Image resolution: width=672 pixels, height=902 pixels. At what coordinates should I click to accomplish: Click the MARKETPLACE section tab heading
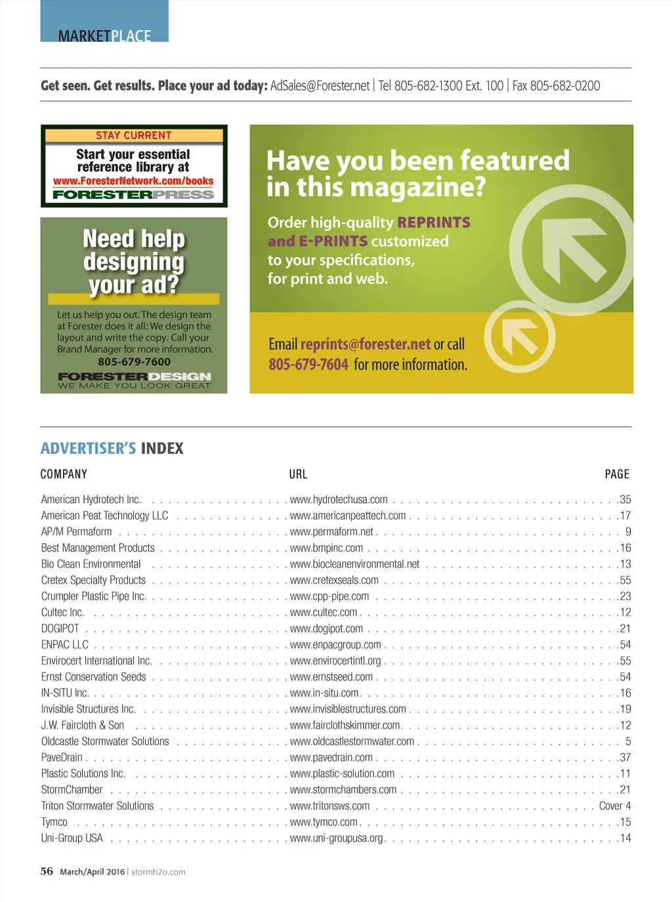(104, 35)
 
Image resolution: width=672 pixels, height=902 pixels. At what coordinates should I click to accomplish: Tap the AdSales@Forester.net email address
(320, 86)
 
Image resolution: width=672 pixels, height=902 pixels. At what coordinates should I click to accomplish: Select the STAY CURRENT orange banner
(134, 136)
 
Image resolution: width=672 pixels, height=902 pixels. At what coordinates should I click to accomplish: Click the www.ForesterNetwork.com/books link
(133, 181)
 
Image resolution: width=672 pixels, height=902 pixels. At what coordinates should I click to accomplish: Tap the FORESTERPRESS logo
(133, 194)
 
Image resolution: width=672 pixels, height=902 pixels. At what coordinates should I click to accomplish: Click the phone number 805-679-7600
(134, 361)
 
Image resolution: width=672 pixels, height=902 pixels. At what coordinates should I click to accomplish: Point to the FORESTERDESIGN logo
(134, 377)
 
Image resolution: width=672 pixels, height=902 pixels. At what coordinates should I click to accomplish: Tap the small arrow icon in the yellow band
(519, 337)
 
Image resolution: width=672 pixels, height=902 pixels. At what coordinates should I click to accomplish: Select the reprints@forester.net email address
(366, 344)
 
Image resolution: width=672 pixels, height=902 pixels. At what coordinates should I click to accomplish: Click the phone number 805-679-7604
(308, 365)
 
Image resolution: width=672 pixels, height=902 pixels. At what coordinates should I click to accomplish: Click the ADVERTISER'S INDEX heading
(112, 449)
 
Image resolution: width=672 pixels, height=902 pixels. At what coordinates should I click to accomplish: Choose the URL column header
(298, 474)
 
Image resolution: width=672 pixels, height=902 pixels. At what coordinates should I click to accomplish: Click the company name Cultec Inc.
(62, 613)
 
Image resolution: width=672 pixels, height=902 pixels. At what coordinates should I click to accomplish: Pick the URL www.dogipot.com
(326, 628)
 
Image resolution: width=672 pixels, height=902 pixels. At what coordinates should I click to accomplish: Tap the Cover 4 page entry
(615, 806)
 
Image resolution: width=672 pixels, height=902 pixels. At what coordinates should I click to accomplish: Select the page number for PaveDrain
(625, 758)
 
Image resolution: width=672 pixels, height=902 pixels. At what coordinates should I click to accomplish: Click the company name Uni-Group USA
(72, 838)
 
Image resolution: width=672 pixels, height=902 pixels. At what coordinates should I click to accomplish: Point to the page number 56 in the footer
(47, 871)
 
